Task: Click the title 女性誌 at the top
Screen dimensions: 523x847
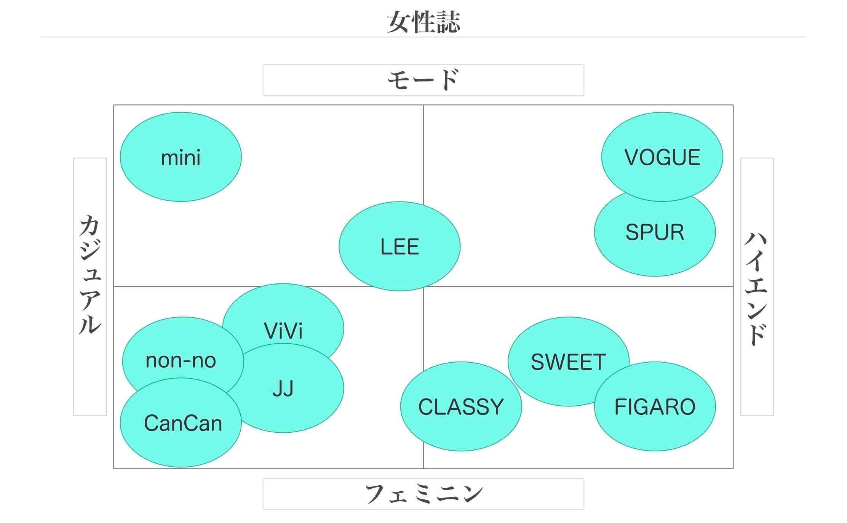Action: point(423,22)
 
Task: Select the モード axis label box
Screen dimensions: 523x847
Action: point(423,80)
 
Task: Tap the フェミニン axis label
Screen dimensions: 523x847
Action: point(423,494)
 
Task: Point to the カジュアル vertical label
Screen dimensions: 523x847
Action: point(90,274)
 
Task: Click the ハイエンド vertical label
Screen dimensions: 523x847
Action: point(756,288)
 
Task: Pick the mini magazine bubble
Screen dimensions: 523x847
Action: point(181,157)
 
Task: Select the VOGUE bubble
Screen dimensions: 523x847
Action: point(662,157)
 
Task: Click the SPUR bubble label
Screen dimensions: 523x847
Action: point(655,232)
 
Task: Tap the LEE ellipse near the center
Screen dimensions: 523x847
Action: point(400,247)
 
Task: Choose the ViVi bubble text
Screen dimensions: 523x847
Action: point(283,331)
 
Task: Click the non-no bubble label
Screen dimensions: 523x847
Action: point(181,360)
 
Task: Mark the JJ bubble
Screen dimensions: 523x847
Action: point(283,389)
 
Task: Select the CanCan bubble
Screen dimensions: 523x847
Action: point(183,423)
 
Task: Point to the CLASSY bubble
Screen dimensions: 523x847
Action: point(461,407)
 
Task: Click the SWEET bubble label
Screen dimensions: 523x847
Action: point(568,362)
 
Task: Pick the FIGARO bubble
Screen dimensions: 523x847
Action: point(655,407)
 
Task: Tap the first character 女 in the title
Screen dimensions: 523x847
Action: point(398,22)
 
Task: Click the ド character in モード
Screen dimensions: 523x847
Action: point(449,80)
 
